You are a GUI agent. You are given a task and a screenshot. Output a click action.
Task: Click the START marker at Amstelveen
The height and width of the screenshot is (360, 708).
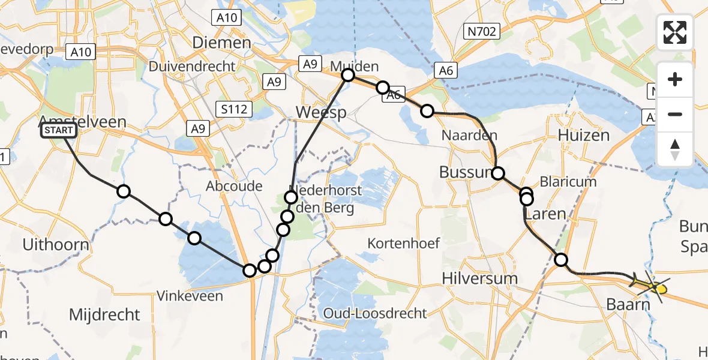point(59,130)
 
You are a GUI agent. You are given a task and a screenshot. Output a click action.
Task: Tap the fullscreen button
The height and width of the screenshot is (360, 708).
point(675,32)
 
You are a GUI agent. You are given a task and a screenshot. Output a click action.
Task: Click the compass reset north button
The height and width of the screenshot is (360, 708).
point(675,150)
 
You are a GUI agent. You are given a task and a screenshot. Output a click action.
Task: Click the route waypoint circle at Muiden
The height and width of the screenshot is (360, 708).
point(348,75)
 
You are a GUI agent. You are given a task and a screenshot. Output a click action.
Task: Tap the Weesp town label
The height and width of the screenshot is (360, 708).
point(321,112)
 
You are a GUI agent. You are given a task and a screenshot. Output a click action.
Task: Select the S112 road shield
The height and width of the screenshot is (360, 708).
point(234,109)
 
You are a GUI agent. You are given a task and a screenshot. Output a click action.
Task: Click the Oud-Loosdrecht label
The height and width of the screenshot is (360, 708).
point(375,313)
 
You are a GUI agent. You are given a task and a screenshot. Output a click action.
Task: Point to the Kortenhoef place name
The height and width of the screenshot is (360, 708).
point(404,244)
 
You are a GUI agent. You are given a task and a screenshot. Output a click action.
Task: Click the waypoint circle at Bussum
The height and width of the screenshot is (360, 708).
point(499,174)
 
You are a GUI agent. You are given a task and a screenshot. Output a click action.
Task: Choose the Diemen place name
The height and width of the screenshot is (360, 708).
point(221,43)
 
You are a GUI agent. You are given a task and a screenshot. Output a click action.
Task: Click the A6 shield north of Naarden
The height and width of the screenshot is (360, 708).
point(445,71)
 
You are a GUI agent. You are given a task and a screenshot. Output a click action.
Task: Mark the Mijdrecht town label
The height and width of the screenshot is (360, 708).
point(105,314)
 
